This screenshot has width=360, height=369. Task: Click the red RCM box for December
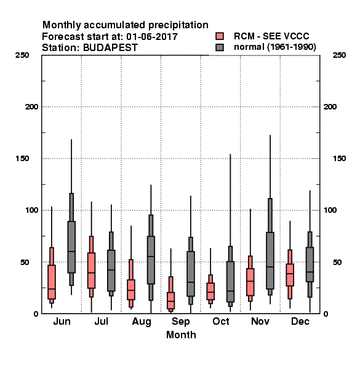pos(290,275)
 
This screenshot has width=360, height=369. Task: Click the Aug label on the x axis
pos(142,322)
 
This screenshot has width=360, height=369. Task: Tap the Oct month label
pos(220,321)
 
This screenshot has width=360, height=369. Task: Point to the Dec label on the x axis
pos(300,321)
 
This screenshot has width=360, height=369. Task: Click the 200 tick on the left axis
pos(31,107)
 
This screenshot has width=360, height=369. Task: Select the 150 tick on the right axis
pos(339,159)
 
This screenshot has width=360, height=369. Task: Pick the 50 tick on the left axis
pos(25,262)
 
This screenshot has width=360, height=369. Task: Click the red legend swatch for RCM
pos(220,36)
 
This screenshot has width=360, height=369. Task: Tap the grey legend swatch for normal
pos(220,47)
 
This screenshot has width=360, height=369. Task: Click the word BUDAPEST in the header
pos(110,48)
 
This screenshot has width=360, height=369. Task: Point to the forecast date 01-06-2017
pos(152,37)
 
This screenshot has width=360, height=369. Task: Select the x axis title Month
pos(181,335)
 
